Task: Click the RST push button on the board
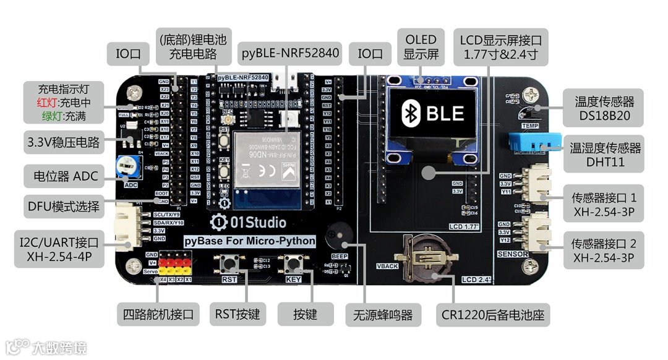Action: [x=229, y=264]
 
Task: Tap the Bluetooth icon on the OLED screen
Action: [x=409, y=113]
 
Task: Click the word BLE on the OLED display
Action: [x=445, y=113]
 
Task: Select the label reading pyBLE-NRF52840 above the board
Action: [x=290, y=53]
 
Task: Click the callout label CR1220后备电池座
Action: [x=493, y=314]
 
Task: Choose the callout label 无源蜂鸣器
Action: [x=383, y=314]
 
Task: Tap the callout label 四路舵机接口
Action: [x=158, y=314]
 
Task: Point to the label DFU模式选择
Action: [x=63, y=206]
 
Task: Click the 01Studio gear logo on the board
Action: [x=219, y=222]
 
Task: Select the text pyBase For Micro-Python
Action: [x=251, y=241]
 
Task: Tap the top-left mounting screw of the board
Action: [x=134, y=94]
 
